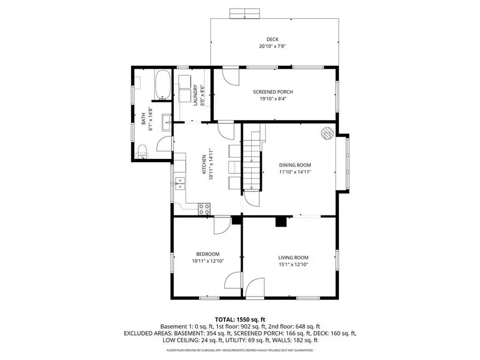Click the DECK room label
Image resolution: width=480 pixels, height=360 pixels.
coord(273,39)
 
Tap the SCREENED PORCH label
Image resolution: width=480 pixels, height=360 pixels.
coord(273,92)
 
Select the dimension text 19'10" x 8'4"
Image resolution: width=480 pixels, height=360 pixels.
coord(273,99)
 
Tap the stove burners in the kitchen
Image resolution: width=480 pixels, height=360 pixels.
coord(204,209)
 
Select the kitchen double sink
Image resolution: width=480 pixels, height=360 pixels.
coord(181,183)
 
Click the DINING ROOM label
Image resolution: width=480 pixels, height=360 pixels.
coord(294,165)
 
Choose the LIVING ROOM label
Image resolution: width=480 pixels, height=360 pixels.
coord(293,257)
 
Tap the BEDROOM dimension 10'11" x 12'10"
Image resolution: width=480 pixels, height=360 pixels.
coord(207,261)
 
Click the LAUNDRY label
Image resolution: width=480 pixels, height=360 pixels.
coord(196,95)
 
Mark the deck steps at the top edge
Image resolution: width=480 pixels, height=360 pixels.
coord(244,13)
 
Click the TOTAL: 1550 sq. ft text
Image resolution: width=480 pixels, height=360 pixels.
coord(240,318)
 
